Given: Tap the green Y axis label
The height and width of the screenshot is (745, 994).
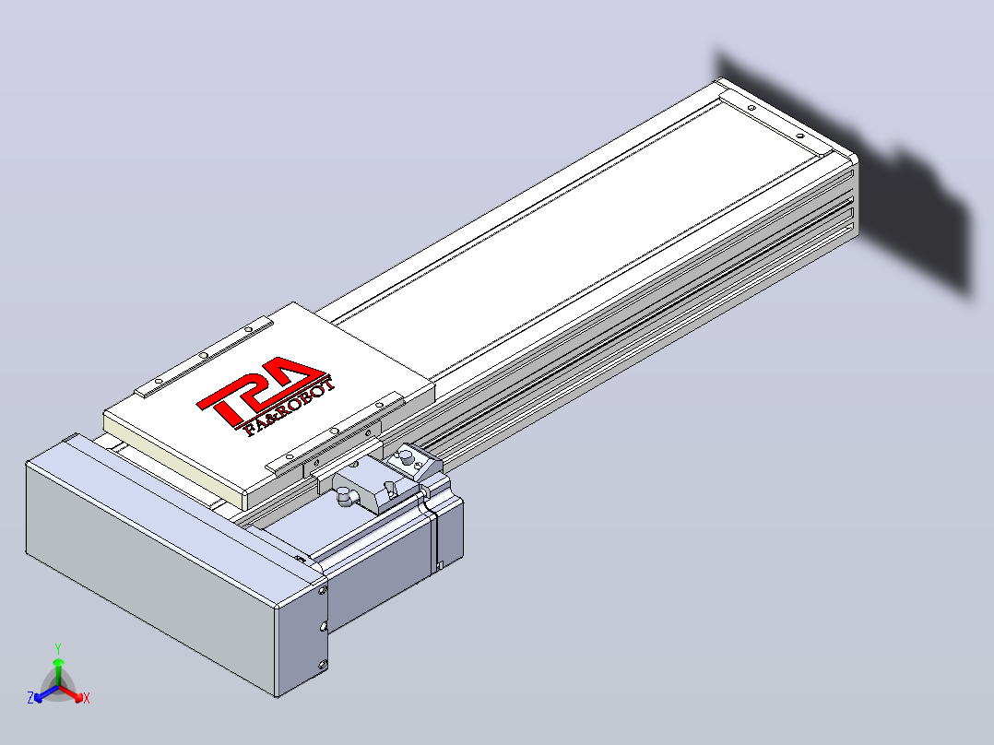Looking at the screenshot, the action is tap(58, 648).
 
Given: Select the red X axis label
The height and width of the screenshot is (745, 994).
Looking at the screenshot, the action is tap(87, 698).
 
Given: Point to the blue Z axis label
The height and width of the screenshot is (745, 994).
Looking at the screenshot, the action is tap(30, 698).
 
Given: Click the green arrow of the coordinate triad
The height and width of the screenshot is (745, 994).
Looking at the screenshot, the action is tap(58, 672).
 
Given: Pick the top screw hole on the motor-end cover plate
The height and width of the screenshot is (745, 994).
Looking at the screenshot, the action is tap(322, 590).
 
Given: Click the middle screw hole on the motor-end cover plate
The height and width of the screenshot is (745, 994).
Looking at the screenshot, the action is tap(324, 626).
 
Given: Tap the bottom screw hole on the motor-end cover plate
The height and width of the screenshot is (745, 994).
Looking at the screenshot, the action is tap(323, 665).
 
